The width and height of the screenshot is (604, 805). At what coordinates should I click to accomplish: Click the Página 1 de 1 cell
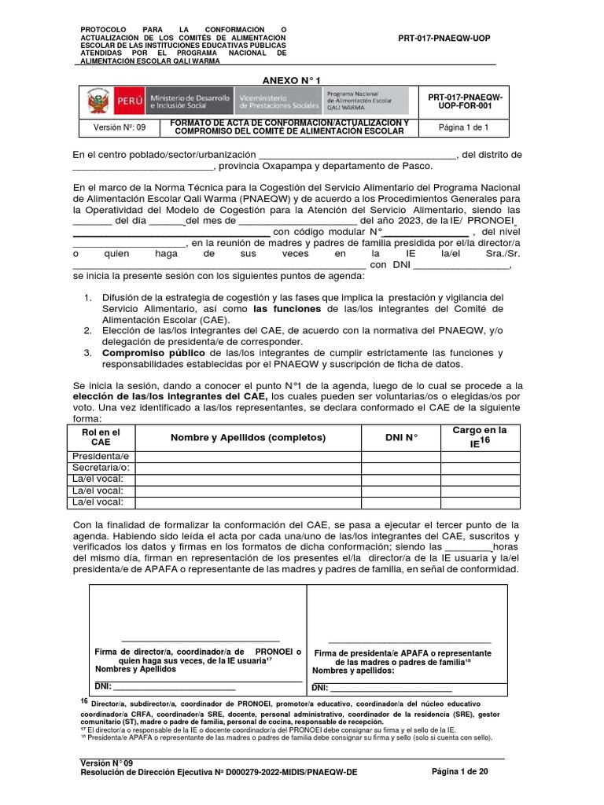pyautogui.click(x=464, y=127)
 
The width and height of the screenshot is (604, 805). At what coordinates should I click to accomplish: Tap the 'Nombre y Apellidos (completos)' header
pyautogui.click(x=248, y=437)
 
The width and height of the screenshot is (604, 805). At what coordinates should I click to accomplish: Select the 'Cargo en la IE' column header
pyautogui.click(x=479, y=437)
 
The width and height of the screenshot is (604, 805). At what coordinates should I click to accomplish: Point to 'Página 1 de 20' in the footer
pyautogui.click(x=460, y=771)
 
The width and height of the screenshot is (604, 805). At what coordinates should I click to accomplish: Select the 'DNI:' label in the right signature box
pyautogui.click(x=322, y=688)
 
